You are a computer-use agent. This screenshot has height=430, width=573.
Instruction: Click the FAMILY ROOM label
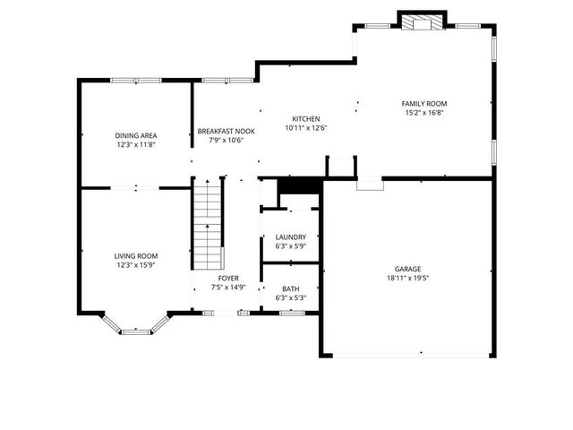424,104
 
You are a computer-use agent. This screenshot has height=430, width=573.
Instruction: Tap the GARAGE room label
407,269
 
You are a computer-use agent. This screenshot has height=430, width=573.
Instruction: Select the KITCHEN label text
306,119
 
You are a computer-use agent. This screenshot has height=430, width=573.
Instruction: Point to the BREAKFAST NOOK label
226,131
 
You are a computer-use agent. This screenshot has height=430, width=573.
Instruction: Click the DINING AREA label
135,135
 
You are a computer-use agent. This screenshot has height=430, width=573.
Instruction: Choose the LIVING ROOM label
135,255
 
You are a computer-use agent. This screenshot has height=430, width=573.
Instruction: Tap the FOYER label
228,279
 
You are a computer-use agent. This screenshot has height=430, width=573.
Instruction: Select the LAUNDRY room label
290,237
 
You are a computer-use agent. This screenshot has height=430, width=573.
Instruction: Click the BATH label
290,288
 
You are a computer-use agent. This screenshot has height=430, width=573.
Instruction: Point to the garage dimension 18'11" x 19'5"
407,278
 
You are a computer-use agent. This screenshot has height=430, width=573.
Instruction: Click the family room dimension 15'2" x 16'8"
424,113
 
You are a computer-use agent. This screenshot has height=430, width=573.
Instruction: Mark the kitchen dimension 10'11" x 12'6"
306,128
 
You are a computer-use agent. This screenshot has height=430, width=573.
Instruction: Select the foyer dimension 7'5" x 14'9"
228,288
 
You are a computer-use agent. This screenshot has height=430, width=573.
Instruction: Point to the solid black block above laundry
298,185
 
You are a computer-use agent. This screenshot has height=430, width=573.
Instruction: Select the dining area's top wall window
136,81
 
